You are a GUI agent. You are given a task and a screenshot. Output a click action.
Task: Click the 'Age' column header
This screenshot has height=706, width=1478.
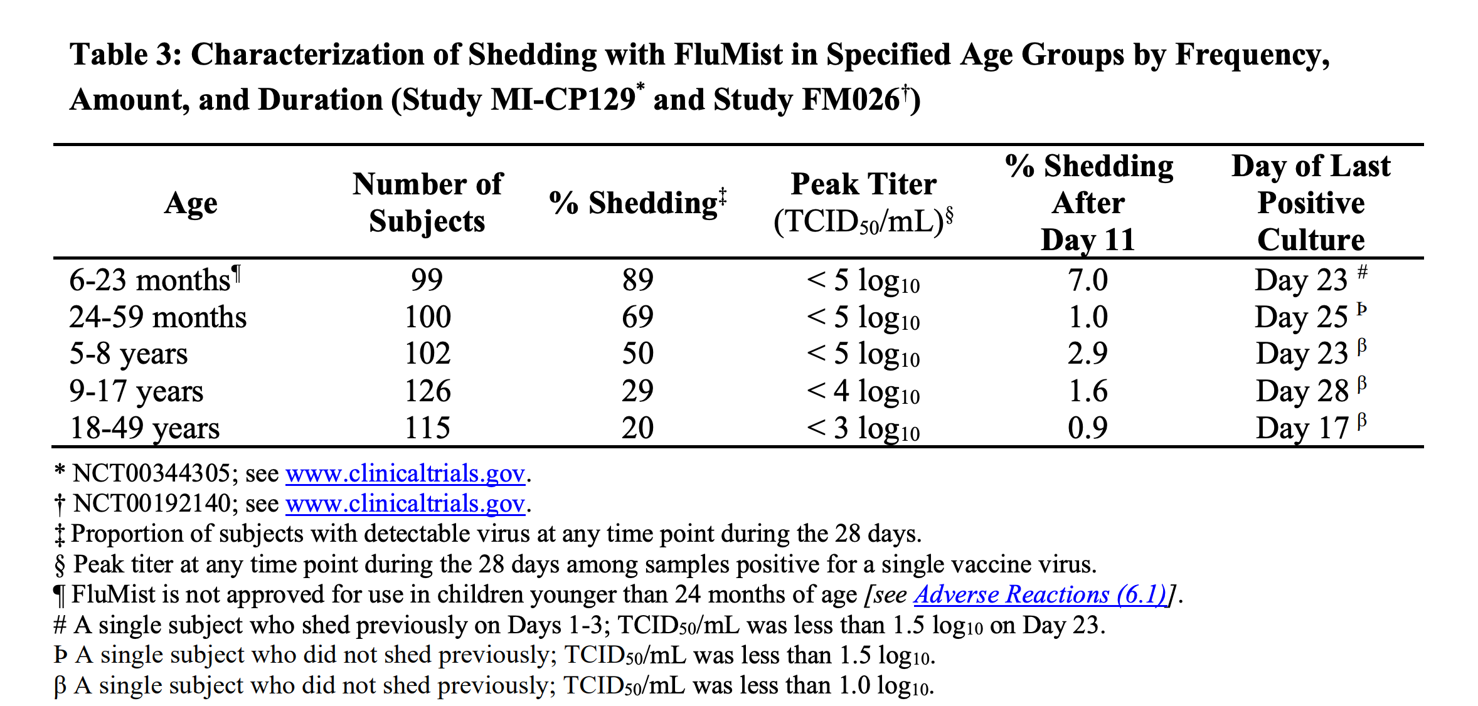coord(191,203)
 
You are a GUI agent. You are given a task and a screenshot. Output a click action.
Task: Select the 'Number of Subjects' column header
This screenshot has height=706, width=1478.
coord(427,203)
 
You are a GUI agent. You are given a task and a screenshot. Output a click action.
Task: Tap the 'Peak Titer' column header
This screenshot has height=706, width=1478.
coord(863,203)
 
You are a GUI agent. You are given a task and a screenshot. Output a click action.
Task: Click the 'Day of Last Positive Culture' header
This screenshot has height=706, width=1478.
coord(1311,203)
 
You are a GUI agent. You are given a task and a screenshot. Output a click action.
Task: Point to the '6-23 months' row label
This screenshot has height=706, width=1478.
coord(151,280)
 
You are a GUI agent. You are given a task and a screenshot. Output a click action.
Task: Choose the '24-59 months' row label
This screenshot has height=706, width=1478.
coord(157,317)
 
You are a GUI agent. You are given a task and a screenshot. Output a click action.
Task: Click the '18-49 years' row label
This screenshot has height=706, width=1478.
coord(144,428)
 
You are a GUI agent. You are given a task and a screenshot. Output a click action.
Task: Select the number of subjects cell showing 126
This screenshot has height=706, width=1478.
coord(427,391)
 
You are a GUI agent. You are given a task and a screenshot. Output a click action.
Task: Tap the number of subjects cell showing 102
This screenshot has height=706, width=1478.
coord(427,354)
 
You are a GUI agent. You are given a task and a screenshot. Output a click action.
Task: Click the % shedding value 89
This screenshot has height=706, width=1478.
coord(637,280)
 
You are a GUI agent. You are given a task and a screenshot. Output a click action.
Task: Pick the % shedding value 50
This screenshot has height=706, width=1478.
coord(637,354)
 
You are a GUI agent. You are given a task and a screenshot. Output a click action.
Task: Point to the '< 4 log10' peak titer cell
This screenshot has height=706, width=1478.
coord(863,391)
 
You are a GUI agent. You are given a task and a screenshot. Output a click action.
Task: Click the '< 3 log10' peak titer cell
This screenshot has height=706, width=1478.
coord(863,428)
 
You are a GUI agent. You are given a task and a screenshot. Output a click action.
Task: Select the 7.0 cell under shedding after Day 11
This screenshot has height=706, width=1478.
coord(1088,280)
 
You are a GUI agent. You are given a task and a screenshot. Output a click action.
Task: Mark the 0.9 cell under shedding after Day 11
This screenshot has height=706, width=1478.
coord(1088,428)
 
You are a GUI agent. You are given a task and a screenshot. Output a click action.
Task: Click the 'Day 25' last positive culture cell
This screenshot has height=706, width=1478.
coord(1302,317)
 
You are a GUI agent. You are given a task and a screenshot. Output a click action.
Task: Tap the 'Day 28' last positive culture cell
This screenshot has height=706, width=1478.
coord(1302,391)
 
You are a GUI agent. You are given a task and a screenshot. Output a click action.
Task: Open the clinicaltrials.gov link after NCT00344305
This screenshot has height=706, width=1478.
coord(405,473)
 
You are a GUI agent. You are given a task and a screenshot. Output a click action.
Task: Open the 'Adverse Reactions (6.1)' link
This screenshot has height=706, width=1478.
coord(1039,594)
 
